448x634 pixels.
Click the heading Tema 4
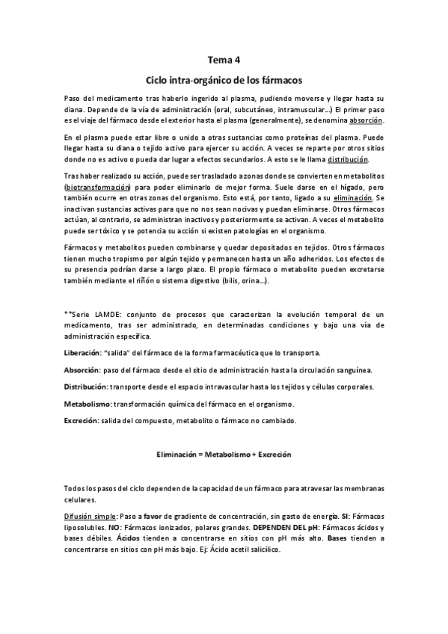point(224,61)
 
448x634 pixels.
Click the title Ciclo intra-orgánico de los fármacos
point(224,79)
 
